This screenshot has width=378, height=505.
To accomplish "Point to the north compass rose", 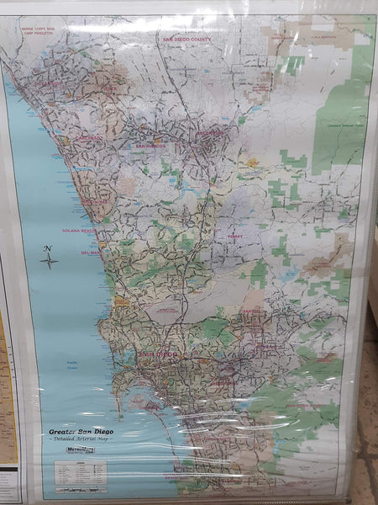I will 49,258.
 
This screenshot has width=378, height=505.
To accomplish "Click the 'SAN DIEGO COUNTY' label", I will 186,39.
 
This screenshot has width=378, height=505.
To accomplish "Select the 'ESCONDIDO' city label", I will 211,131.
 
